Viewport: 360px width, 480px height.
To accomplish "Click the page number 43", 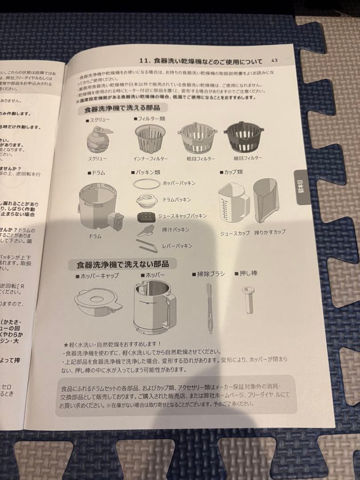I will click(x=274, y=60).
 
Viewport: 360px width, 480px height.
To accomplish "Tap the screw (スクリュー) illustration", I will click(x=98, y=139).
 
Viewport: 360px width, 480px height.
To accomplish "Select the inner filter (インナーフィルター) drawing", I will click(x=149, y=138).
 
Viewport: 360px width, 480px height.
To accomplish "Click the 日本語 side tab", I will click(x=302, y=187).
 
